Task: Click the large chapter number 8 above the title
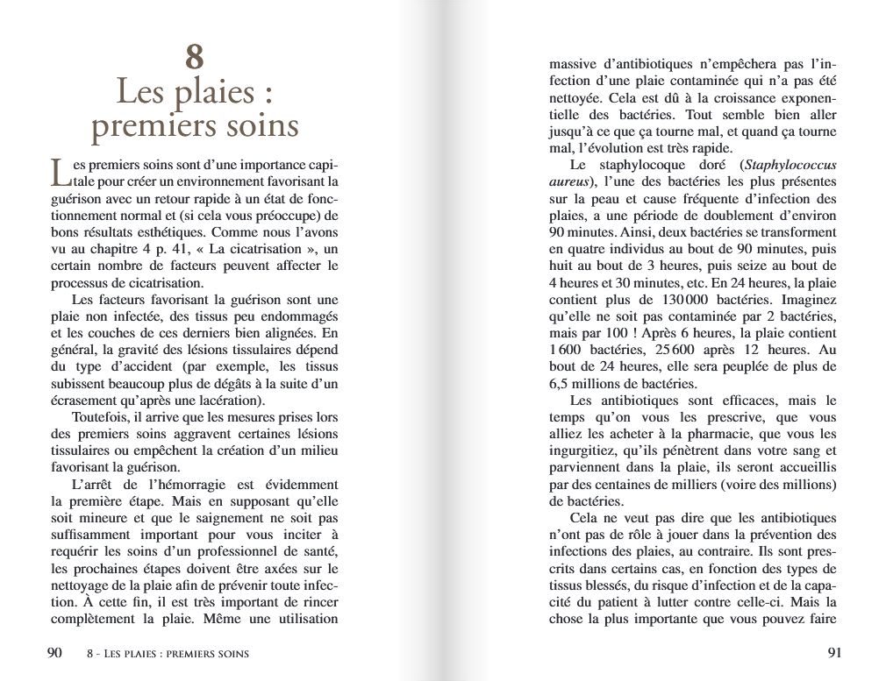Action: click(x=195, y=57)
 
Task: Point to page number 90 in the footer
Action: click(x=54, y=652)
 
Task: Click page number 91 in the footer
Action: click(x=834, y=652)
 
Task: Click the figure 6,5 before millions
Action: click(x=562, y=383)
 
